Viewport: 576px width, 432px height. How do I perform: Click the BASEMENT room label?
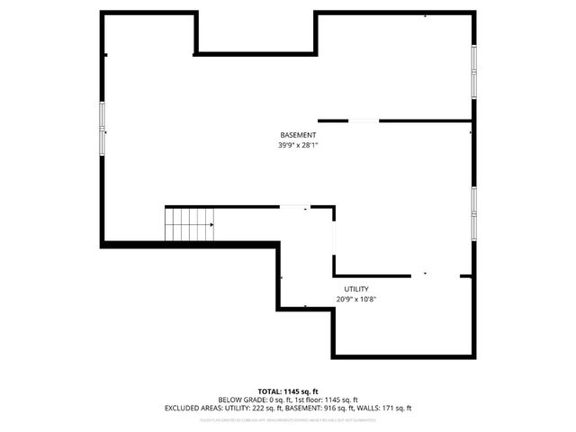point(298,135)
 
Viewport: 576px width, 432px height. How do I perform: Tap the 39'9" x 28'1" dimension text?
point(298,145)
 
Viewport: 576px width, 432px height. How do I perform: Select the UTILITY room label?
point(355,289)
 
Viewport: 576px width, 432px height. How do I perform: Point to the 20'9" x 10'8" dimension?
point(355,299)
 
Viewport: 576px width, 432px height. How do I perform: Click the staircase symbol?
point(189,224)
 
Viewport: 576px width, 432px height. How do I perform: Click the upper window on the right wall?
point(473,69)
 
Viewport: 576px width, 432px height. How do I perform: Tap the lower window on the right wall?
point(473,213)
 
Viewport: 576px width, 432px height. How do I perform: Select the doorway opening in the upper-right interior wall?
point(364,121)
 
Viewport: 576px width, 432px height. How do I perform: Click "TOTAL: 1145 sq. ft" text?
point(288,391)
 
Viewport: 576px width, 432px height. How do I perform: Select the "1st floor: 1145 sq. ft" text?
point(325,400)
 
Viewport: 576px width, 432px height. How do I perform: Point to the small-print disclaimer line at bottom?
point(288,417)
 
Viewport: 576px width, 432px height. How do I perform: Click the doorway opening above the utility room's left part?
point(294,207)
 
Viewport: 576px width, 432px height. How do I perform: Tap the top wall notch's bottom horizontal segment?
point(255,54)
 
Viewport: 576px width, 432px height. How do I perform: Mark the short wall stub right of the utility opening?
point(466,276)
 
